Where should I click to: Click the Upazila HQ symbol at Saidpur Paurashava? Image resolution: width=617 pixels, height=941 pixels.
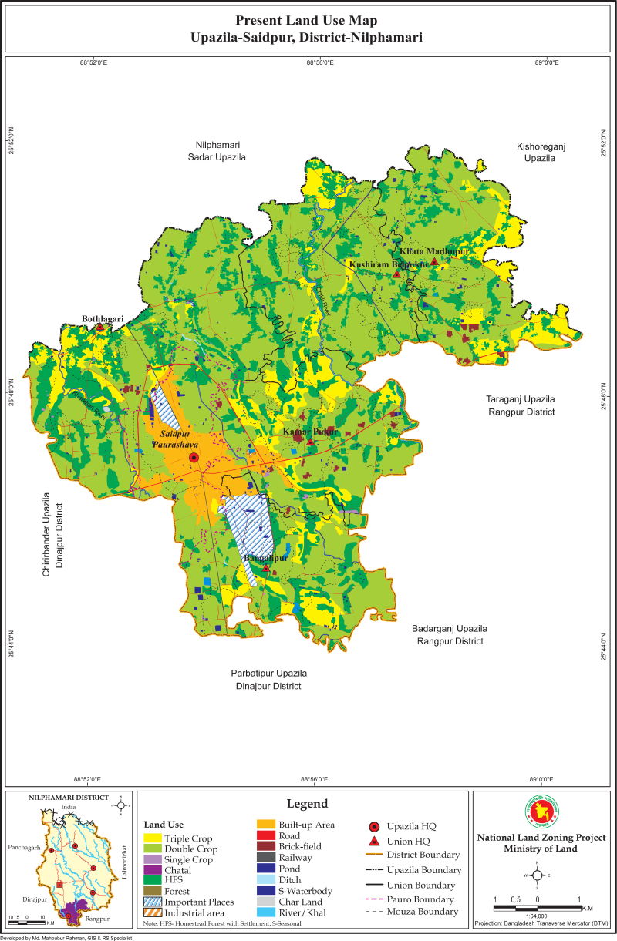(194, 458)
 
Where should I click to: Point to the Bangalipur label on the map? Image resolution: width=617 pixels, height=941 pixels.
(265, 557)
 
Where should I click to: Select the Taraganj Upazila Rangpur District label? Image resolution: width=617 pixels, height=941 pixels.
(520, 405)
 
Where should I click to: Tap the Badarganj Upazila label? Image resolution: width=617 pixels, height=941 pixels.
(450, 634)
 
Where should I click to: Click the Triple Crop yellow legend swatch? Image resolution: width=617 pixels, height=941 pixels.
(152, 838)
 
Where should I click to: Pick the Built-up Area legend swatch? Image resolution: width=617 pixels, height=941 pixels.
(266, 825)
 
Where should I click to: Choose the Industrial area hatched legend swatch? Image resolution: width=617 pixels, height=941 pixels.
(152, 913)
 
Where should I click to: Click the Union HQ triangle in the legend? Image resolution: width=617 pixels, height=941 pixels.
(373, 841)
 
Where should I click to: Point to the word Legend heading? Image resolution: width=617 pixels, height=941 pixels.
(307, 803)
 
